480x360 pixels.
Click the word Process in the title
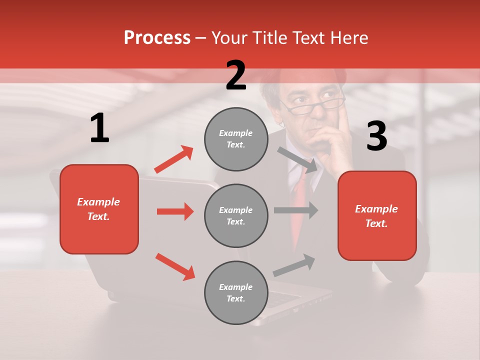[157, 37]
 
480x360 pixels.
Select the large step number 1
[99, 128]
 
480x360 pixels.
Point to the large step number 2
[236, 75]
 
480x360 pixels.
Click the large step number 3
[376, 136]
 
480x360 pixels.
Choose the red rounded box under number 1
[99, 209]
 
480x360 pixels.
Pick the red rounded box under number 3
[377, 216]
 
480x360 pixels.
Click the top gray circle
[236, 139]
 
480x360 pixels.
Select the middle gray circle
[236, 215]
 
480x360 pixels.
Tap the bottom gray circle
[236, 292]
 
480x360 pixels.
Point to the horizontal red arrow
[175, 211]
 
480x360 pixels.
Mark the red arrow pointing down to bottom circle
[175, 266]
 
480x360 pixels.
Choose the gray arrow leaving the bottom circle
[294, 265]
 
